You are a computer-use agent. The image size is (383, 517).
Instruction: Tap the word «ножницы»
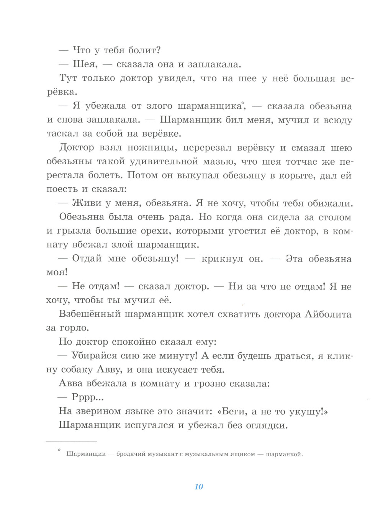coord(152,148)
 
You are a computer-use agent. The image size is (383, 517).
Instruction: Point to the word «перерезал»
coord(207,148)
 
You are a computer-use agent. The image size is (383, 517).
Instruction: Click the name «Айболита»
coord(328,314)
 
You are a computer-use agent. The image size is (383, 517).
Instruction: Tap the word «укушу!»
coord(309,412)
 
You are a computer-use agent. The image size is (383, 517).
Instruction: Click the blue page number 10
coord(199,487)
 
